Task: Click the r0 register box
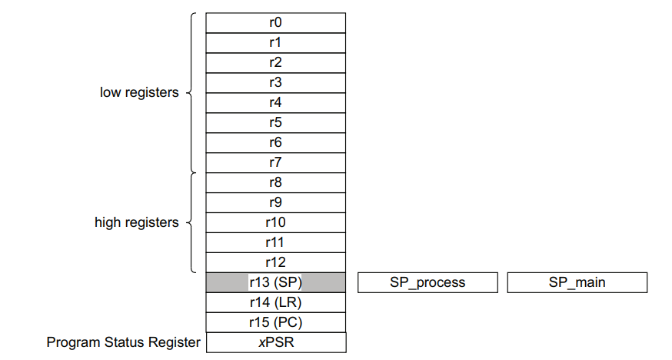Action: pos(275,22)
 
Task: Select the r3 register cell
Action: pos(275,82)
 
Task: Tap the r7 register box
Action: pos(275,162)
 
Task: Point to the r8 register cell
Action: pos(275,182)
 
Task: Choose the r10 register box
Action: pos(275,222)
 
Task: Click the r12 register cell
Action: pos(275,262)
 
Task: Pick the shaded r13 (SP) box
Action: pos(275,282)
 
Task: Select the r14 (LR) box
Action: pos(275,302)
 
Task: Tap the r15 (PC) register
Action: pos(275,322)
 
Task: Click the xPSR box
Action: pos(275,342)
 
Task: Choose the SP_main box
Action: pos(577,282)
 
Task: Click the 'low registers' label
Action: pos(139,92)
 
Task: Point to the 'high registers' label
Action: pos(137,222)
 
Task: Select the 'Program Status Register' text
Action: pos(123,342)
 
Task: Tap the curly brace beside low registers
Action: pos(191,92)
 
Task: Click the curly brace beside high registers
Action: pos(191,222)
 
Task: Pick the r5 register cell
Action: pos(275,122)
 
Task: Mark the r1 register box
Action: pos(275,42)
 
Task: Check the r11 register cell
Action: pos(275,242)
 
